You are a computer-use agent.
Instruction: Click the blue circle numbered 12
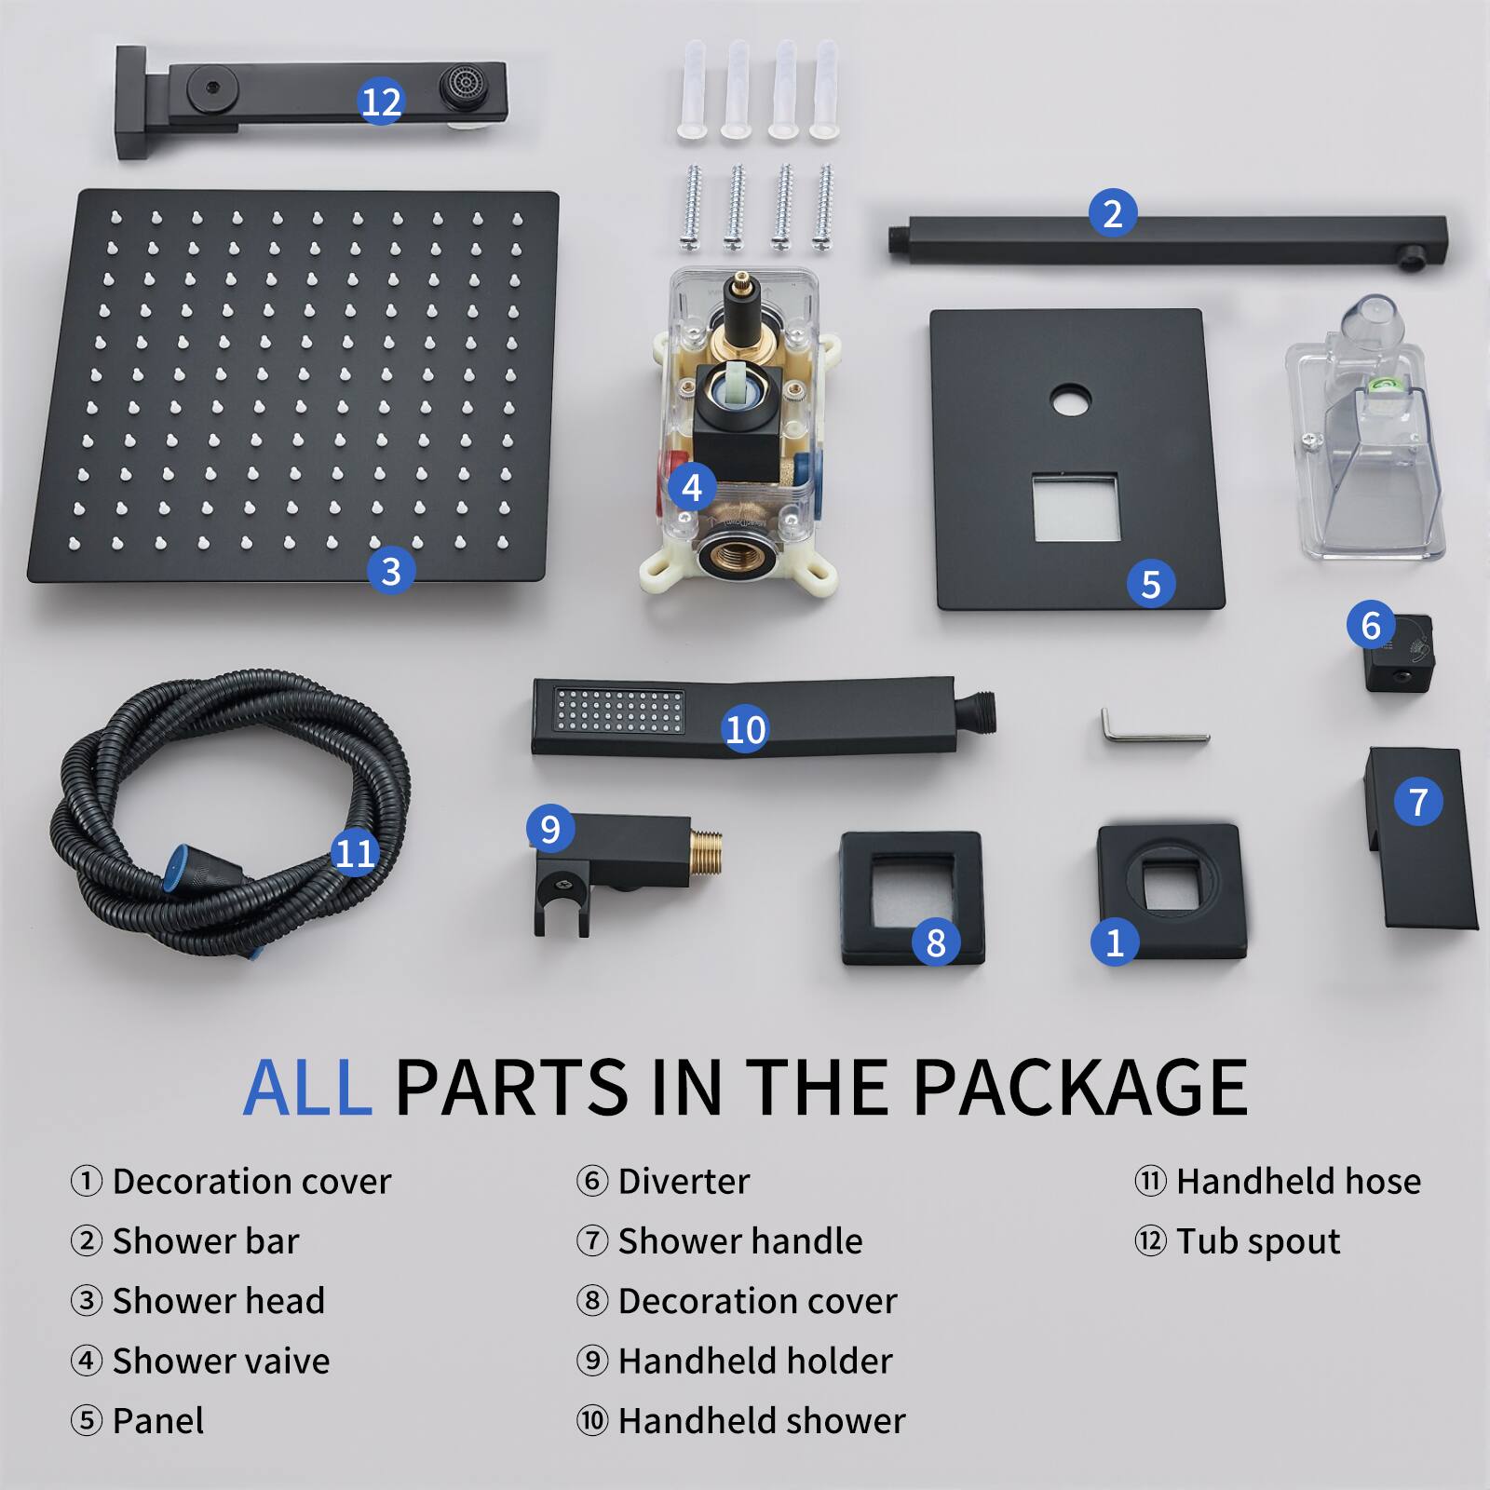[380, 102]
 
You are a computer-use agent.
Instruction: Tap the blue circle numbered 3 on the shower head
[390, 570]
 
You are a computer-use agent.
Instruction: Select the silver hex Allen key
[1154, 730]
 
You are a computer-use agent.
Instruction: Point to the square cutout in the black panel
[1075, 508]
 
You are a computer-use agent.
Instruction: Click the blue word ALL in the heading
[307, 1087]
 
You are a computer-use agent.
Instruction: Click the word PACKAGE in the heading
[1079, 1087]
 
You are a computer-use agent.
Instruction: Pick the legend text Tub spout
[1257, 1241]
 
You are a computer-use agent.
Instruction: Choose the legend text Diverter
[684, 1182]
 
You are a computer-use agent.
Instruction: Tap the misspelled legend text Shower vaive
[221, 1361]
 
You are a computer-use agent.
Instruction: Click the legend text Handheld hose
[1298, 1182]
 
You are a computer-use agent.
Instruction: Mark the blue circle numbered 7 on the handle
[1417, 801]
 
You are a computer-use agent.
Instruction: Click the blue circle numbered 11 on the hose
[354, 852]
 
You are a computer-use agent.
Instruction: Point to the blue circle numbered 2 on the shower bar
[1112, 213]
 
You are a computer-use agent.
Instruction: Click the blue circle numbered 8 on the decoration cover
[936, 942]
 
